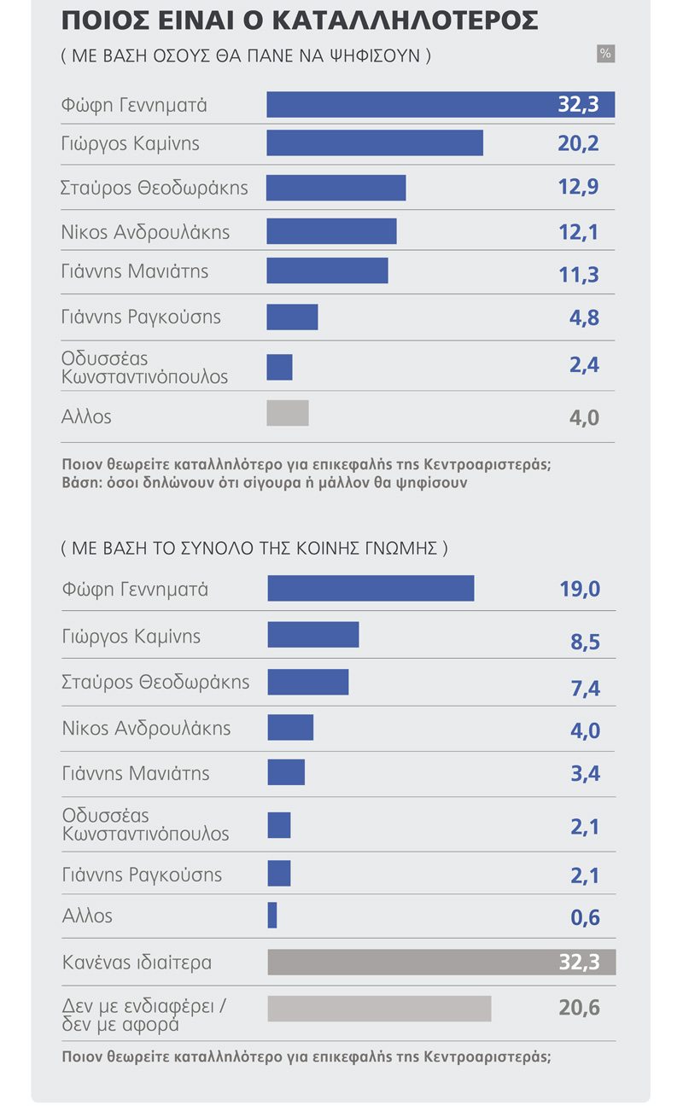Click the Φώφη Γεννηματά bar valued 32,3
point(441,105)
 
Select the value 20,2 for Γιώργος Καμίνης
point(578,143)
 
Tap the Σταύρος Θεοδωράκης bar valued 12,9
point(336,188)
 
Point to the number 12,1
point(578,232)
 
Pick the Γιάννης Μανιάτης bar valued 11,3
point(327,270)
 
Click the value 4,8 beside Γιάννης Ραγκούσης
point(584,318)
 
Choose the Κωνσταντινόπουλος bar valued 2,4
point(279,367)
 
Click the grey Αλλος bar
point(288,413)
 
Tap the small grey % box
point(605,54)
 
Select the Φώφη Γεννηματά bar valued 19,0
point(371,588)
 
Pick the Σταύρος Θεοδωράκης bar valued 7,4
point(308,682)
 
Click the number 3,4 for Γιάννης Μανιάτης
point(585,774)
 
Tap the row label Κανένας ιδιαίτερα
point(137,963)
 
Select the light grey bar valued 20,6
point(379,1008)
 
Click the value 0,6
point(585,917)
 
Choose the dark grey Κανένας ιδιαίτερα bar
point(441,962)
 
